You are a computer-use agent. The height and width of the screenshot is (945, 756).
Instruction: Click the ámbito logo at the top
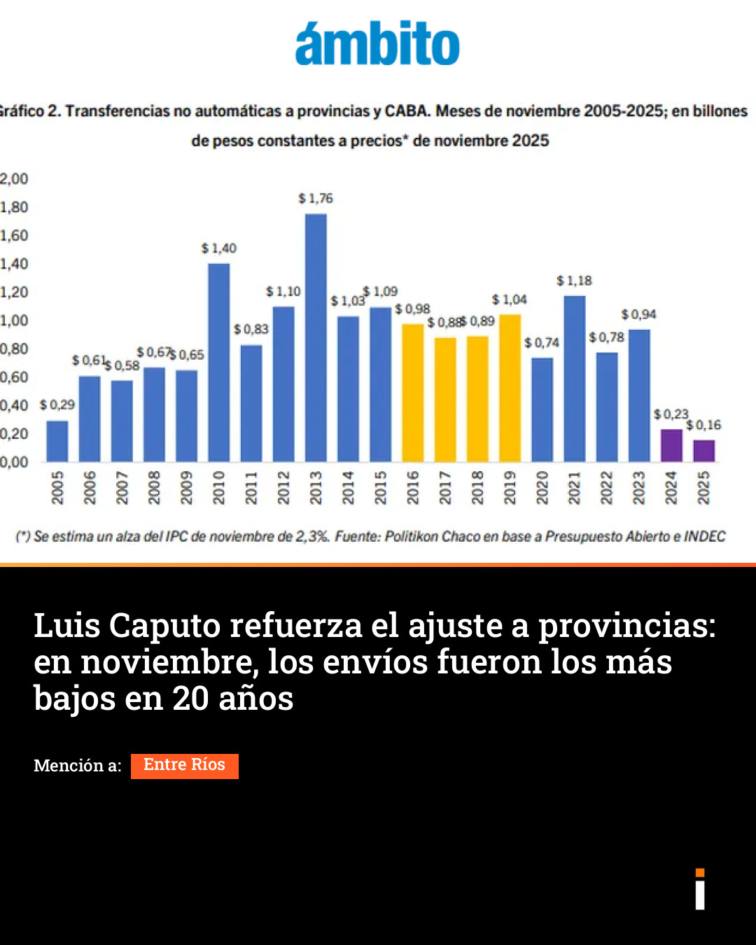tap(377, 44)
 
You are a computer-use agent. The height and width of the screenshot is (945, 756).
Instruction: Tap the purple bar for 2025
tap(703, 451)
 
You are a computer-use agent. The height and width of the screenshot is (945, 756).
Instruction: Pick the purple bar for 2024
tap(671, 446)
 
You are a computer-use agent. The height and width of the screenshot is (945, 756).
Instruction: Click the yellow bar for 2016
tap(413, 393)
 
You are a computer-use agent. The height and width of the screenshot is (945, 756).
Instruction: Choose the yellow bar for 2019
tap(510, 388)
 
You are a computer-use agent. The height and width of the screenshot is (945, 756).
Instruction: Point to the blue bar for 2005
tap(57, 441)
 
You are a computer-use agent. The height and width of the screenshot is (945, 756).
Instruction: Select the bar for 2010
tap(219, 363)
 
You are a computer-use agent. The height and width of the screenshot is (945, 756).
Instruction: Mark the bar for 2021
tap(575, 379)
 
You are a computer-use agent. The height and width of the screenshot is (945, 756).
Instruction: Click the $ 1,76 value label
tap(316, 199)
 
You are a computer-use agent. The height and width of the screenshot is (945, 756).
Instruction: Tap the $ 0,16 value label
tap(703, 425)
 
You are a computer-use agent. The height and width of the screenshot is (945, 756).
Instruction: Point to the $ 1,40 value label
tap(219, 248)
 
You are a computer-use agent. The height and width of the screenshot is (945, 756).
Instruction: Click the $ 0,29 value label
tap(57, 405)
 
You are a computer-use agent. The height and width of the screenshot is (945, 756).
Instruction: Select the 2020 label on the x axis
tap(542, 487)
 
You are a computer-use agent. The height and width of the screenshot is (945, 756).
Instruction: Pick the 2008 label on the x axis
tap(154, 487)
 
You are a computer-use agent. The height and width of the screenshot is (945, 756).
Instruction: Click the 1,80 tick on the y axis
tap(14, 207)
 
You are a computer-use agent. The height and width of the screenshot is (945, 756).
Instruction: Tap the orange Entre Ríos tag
tap(185, 766)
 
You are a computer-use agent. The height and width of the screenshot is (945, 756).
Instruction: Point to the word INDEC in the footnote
tap(704, 537)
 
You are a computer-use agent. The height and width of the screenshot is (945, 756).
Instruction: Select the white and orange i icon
tap(700, 889)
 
